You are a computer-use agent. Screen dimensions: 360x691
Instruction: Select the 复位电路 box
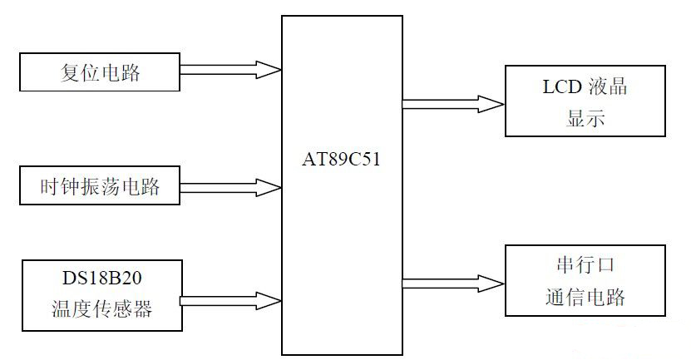[100, 72]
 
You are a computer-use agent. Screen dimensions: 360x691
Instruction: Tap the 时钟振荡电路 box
[100, 187]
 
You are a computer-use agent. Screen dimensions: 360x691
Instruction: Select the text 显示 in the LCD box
[585, 117]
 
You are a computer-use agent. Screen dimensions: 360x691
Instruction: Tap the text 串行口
[585, 264]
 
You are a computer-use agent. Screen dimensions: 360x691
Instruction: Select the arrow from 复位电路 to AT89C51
[230, 70]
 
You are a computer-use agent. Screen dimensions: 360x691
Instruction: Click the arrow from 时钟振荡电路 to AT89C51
[230, 187]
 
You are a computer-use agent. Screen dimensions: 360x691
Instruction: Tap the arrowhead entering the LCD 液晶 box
[494, 104]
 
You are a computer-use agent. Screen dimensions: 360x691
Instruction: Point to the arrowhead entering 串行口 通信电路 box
[494, 284]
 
